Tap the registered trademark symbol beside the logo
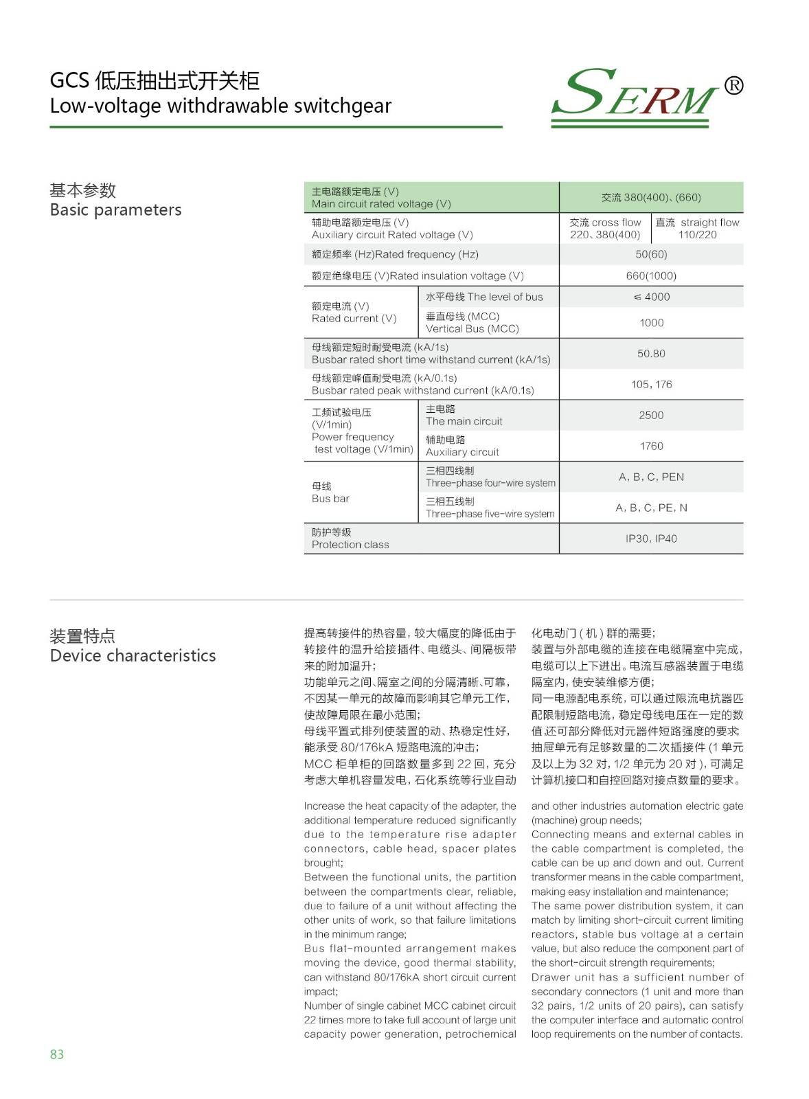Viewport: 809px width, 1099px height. [x=733, y=85]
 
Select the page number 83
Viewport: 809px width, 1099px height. [x=57, y=1054]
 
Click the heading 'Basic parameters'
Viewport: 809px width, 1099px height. [x=115, y=209]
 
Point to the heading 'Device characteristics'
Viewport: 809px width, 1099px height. [x=133, y=655]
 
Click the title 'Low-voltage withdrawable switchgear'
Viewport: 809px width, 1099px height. [x=220, y=106]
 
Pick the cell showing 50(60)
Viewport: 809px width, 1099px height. [x=651, y=254]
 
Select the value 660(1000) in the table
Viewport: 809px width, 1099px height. [x=651, y=275]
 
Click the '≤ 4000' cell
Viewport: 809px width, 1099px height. [x=651, y=297]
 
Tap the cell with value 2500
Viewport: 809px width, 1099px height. [x=651, y=415]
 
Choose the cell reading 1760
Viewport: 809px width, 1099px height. [x=651, y=446]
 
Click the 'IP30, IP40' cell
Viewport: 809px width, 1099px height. [x=651, y=539]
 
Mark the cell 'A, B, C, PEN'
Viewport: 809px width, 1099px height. [x=651, y=477]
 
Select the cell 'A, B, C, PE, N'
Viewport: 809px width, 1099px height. [x=651, y=508]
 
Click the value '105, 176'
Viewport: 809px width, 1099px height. [x=651, y=384]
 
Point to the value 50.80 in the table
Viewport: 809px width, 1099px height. [x=651, y=354]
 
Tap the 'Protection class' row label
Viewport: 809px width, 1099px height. [x=350, y=545]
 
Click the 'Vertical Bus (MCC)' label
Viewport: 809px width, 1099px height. [x=472, y=329]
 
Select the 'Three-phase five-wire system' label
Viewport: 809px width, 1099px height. [x=490, y=514]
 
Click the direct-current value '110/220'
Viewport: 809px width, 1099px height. [x=697, y=235]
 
